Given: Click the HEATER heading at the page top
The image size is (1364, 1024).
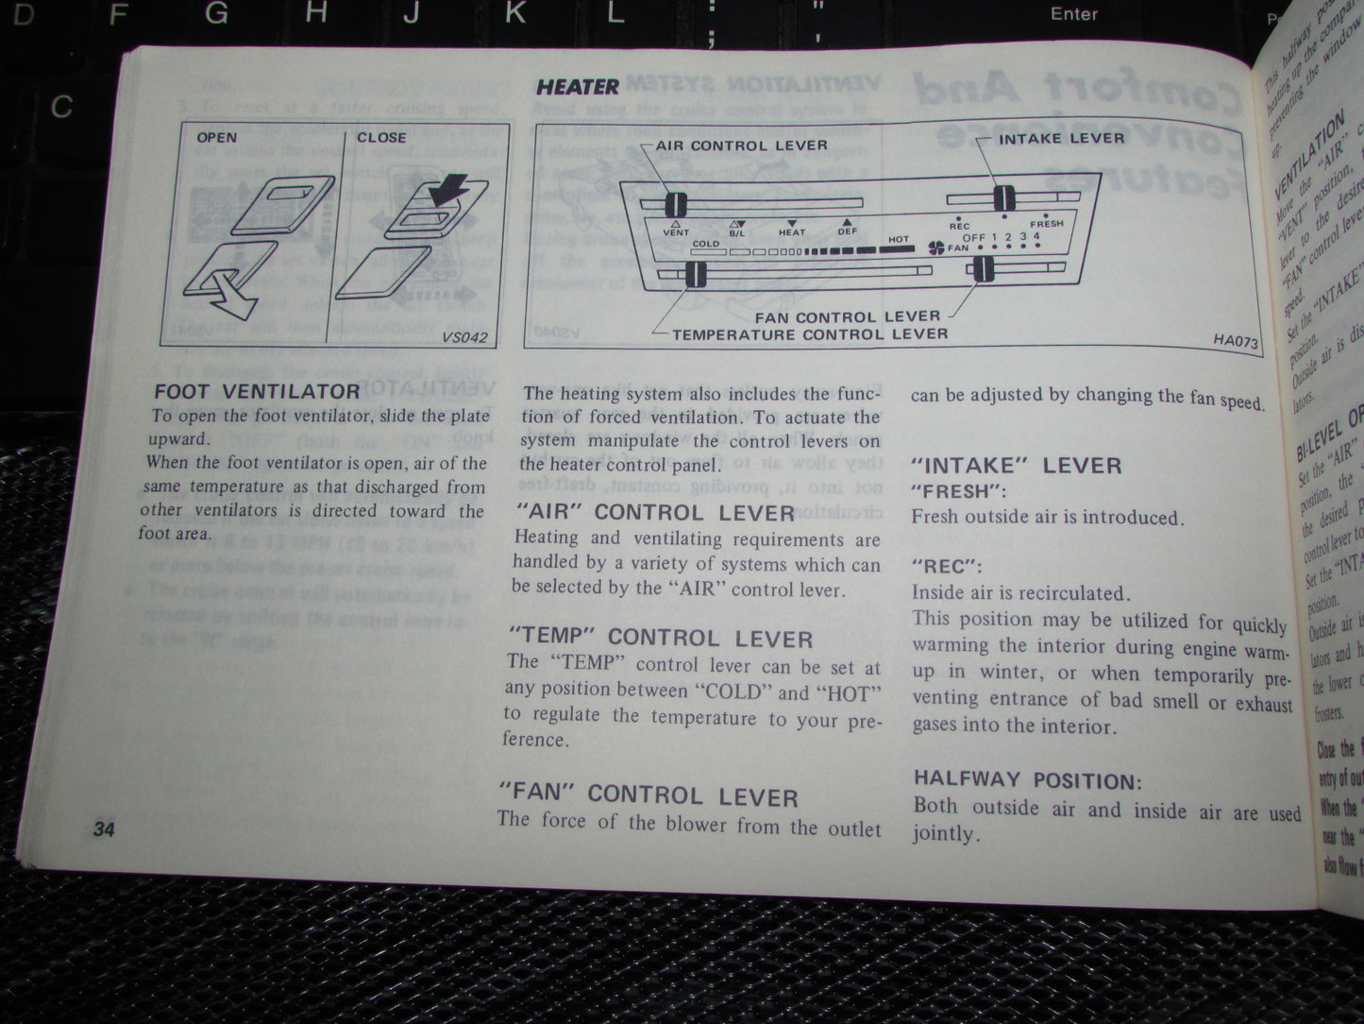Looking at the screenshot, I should (x=577, y=87).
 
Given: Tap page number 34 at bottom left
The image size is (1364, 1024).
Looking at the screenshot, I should (x=103, y=829).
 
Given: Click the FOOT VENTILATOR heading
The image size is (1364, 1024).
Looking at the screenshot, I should (x=257, y=391).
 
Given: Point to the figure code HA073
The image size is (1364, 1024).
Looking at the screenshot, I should (x=1236, y=341).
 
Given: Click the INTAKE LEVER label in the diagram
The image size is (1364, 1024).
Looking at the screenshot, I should (x=1062, y=138).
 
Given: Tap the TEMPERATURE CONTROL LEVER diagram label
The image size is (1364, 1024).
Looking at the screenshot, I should (x=810, y=333).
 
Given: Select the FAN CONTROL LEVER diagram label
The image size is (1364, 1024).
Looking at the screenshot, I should (x=847, y=316).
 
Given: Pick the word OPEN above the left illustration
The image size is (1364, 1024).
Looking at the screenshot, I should (x=217, y=137).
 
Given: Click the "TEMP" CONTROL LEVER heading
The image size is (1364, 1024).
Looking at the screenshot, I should (x=660, y=637).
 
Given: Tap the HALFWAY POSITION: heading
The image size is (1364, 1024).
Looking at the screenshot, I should (x=1028, y=780).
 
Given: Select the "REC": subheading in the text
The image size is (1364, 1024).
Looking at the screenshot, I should (x=947, y=567).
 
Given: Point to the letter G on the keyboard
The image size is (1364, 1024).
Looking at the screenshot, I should (x=216, y=13).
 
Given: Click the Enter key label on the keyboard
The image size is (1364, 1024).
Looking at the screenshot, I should (x=1074, y=13).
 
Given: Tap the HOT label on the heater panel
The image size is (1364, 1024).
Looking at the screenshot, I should (x=898, y=240).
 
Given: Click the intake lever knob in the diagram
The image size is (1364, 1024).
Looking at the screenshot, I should (x=1002, y=198).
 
